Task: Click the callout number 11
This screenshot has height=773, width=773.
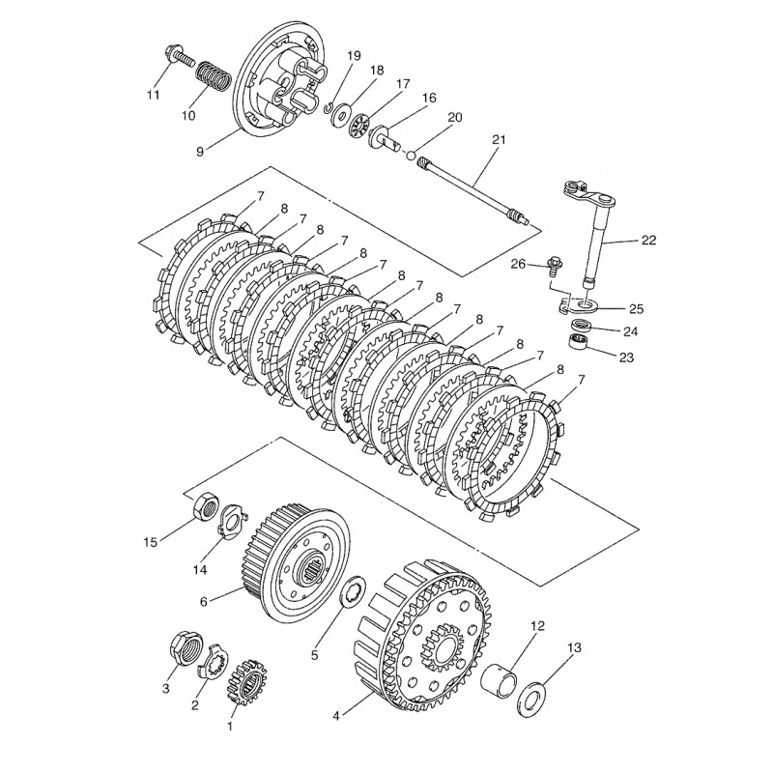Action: coord(154,94)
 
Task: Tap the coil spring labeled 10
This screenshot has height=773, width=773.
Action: coord(214,76)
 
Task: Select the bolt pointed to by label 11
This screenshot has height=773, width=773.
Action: coord(180,58)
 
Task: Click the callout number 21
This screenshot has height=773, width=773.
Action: coord(499,140)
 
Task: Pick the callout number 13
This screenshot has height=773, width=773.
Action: coord(574,646)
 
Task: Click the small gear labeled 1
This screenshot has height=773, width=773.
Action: coord(246,683)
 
